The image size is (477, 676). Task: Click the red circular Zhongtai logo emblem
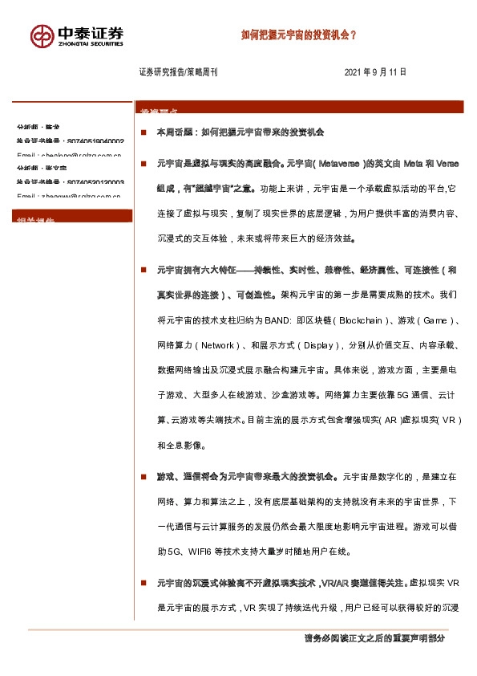tap(42, 35)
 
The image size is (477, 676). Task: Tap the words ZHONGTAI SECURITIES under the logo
tap(91, 45)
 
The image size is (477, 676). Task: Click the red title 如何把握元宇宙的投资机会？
tap(299, 35)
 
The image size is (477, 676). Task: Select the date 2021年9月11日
tap(375, 72)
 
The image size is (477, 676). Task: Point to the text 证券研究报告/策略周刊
tap(178, 72)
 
